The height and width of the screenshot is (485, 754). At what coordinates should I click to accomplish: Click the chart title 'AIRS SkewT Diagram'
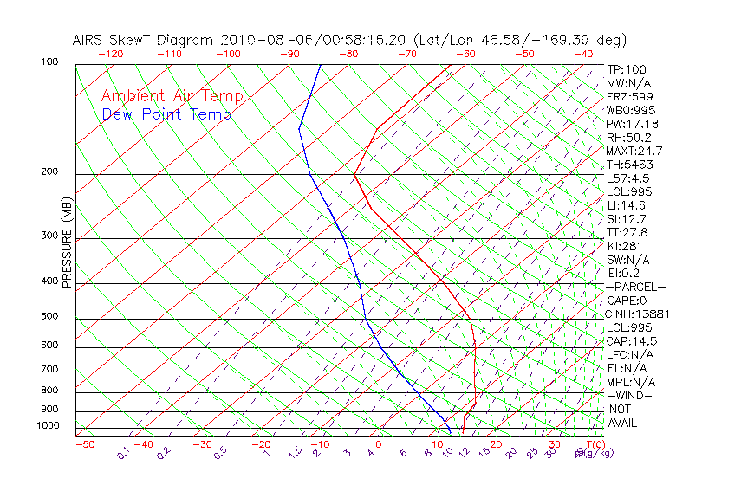(144, 40)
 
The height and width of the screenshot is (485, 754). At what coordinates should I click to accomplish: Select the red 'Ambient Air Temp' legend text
(172, 96)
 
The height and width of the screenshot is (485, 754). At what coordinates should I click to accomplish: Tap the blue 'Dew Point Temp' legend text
(166, 114)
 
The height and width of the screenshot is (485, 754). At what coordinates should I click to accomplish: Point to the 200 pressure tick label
(49, 172)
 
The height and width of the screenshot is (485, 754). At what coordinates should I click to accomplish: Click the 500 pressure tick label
(49, 317)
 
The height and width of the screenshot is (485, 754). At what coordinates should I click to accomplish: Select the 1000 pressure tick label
(47, 426)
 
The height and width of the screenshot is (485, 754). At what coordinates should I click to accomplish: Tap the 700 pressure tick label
(49, 371)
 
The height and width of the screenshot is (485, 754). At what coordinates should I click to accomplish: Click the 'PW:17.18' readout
(633, 124)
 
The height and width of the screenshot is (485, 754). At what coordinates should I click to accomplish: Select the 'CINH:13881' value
(639, 314)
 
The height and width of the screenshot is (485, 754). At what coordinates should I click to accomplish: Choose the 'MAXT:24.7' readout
(635, 151)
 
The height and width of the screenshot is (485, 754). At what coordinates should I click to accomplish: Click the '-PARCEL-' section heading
(635, 287)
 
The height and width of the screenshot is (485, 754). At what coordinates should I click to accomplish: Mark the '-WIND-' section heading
(630, 395)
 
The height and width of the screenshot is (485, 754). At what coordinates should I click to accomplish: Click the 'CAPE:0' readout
(627, 301)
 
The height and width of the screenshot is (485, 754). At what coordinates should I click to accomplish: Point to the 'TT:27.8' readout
(627, 232)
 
